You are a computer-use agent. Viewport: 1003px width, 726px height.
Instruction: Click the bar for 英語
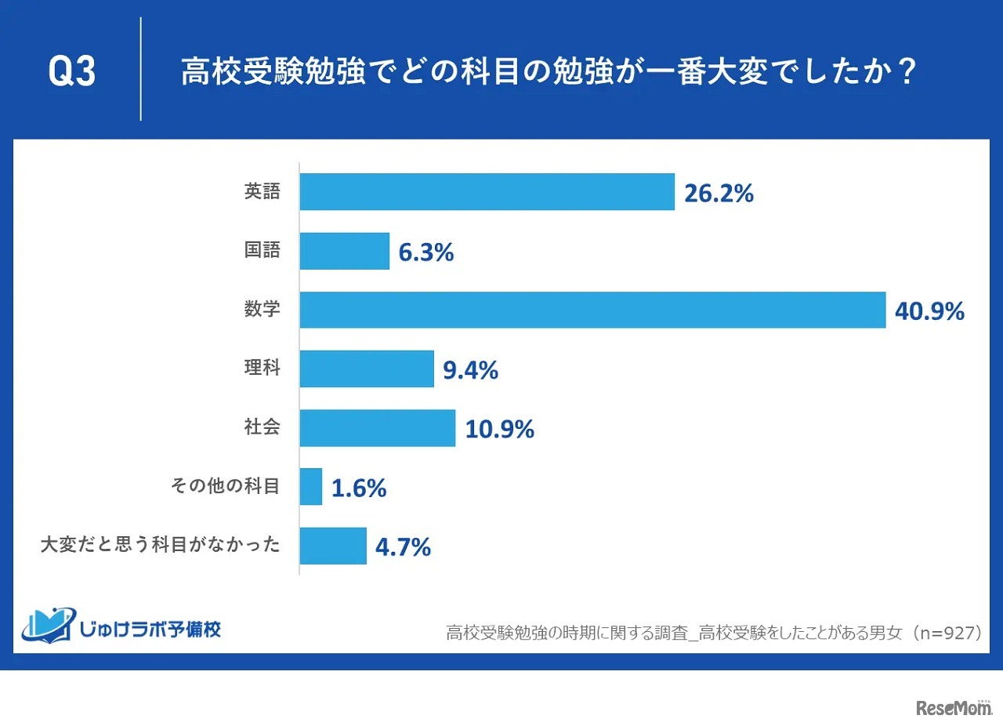pyautogui.click(x=487, y=192)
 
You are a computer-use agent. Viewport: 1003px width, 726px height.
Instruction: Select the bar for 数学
pyautogui.click(x=592, y=310)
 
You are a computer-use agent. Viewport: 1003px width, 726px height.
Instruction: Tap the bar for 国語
pyautogui.click(x=345, y=251)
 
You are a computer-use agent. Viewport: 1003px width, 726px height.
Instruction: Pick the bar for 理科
pyautogui.click(x=367, y=368)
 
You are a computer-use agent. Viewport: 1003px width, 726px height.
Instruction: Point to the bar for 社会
pyautogui.click(x=378, y=428)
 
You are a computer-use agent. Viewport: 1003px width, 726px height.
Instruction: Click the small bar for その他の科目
pyautogui.click(x=311, y=487)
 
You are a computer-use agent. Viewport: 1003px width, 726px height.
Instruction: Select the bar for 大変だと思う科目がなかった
pyautogui.click(x=333, y=546)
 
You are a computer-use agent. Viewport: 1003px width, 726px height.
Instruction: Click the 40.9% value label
pyautogui.click(x=929, y=312)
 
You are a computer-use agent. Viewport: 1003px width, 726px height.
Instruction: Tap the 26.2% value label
pyautogui.click(x=719, y=194)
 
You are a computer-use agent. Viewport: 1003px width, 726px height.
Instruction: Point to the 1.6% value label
pyautogui.click(x=359, y=488)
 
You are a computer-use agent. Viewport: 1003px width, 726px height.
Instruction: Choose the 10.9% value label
pyautogui.click(x=499, y=430)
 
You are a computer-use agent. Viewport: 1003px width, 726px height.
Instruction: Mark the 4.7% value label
pyautogui.click(x=403, y=547)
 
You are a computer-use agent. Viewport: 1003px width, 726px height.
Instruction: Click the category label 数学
pyautogui.click(x=262, y=310)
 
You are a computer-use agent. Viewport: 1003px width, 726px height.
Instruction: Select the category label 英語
pyautogui.click(x=262, y=192)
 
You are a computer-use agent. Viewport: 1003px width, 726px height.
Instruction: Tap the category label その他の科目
pyautogui.click(x=225, y=487)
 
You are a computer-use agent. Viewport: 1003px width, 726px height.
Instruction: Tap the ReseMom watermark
pyautogui.click(x=953, y=708)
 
